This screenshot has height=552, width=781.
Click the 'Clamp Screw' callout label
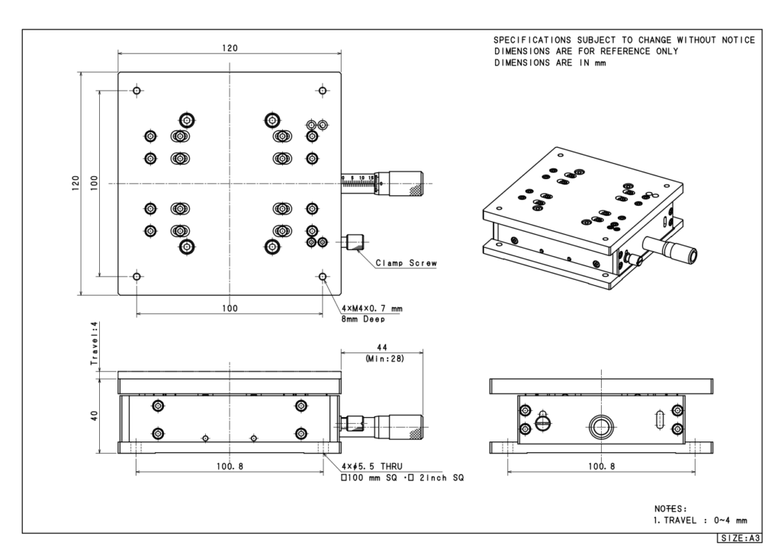coord(407,264)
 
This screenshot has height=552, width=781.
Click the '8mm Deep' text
coord(363,319)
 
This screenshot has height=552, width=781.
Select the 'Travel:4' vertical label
coord(95,345)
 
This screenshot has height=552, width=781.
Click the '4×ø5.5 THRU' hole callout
coord(368,467)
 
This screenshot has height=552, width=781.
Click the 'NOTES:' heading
coord(670,508)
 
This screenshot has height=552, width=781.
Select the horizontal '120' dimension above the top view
coord(230,48)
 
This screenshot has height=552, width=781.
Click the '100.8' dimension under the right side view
coord(598,467)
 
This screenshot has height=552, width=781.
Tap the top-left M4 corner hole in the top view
coord(137,91)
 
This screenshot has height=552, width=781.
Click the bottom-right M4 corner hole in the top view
coord(323,276)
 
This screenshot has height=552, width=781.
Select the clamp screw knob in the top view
coord(355,243)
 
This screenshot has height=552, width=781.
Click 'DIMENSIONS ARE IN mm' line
coord(550,63)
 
